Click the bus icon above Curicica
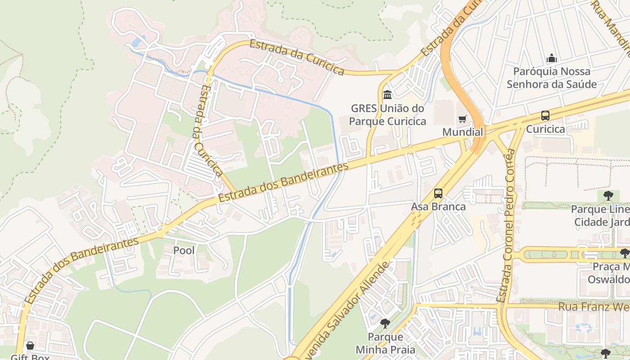[x=545, y=116]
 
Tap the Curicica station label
[x=545, y=129]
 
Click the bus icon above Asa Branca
[x=438, y=193]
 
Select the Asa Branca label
[x=438, y=207]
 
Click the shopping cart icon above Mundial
[x=462, y=119]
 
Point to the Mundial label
[x=463, y=132]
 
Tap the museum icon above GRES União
[x=387, y=95]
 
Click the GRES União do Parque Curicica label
[x=387, y=115]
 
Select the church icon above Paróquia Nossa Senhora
[x=552, y=58]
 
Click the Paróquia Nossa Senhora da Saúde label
[x=552, y=77]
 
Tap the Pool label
[x=184, y=250]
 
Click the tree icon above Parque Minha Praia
[x=385, y=324]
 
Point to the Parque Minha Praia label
[x=385, y=343]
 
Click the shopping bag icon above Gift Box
[x=30, y=346]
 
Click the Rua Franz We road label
[x=594, y=306]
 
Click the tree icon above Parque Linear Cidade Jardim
[x=608, y=196]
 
